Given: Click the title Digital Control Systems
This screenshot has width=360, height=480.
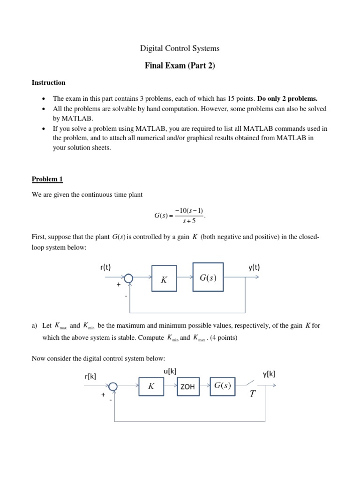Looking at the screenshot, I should point(180,48).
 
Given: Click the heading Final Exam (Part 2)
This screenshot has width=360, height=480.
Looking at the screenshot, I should point(180,66).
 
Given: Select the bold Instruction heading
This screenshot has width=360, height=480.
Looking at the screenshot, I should point(48,82).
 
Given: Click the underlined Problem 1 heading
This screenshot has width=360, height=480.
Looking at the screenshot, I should point(47,179).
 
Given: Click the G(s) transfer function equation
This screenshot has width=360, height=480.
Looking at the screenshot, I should point(180,216).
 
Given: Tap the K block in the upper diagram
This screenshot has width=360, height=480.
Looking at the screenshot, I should point(164,279).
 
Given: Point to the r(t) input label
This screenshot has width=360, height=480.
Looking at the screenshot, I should point(105,268).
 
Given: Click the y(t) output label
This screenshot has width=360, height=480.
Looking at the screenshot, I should point(254,268).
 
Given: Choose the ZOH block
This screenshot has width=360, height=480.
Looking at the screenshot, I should point(187,387).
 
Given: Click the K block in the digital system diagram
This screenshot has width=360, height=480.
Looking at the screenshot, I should point(151,387).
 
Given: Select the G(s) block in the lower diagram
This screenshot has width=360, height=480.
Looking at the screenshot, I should point(223,386).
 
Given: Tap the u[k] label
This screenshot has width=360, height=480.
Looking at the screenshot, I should point(170,371).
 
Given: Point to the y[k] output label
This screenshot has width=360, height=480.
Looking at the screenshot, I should point(269,374).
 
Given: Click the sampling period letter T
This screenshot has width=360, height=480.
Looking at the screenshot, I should point(253,394).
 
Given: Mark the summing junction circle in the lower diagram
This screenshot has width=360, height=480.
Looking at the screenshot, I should point(113,386).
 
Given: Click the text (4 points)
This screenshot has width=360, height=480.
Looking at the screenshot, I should point(223,337).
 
